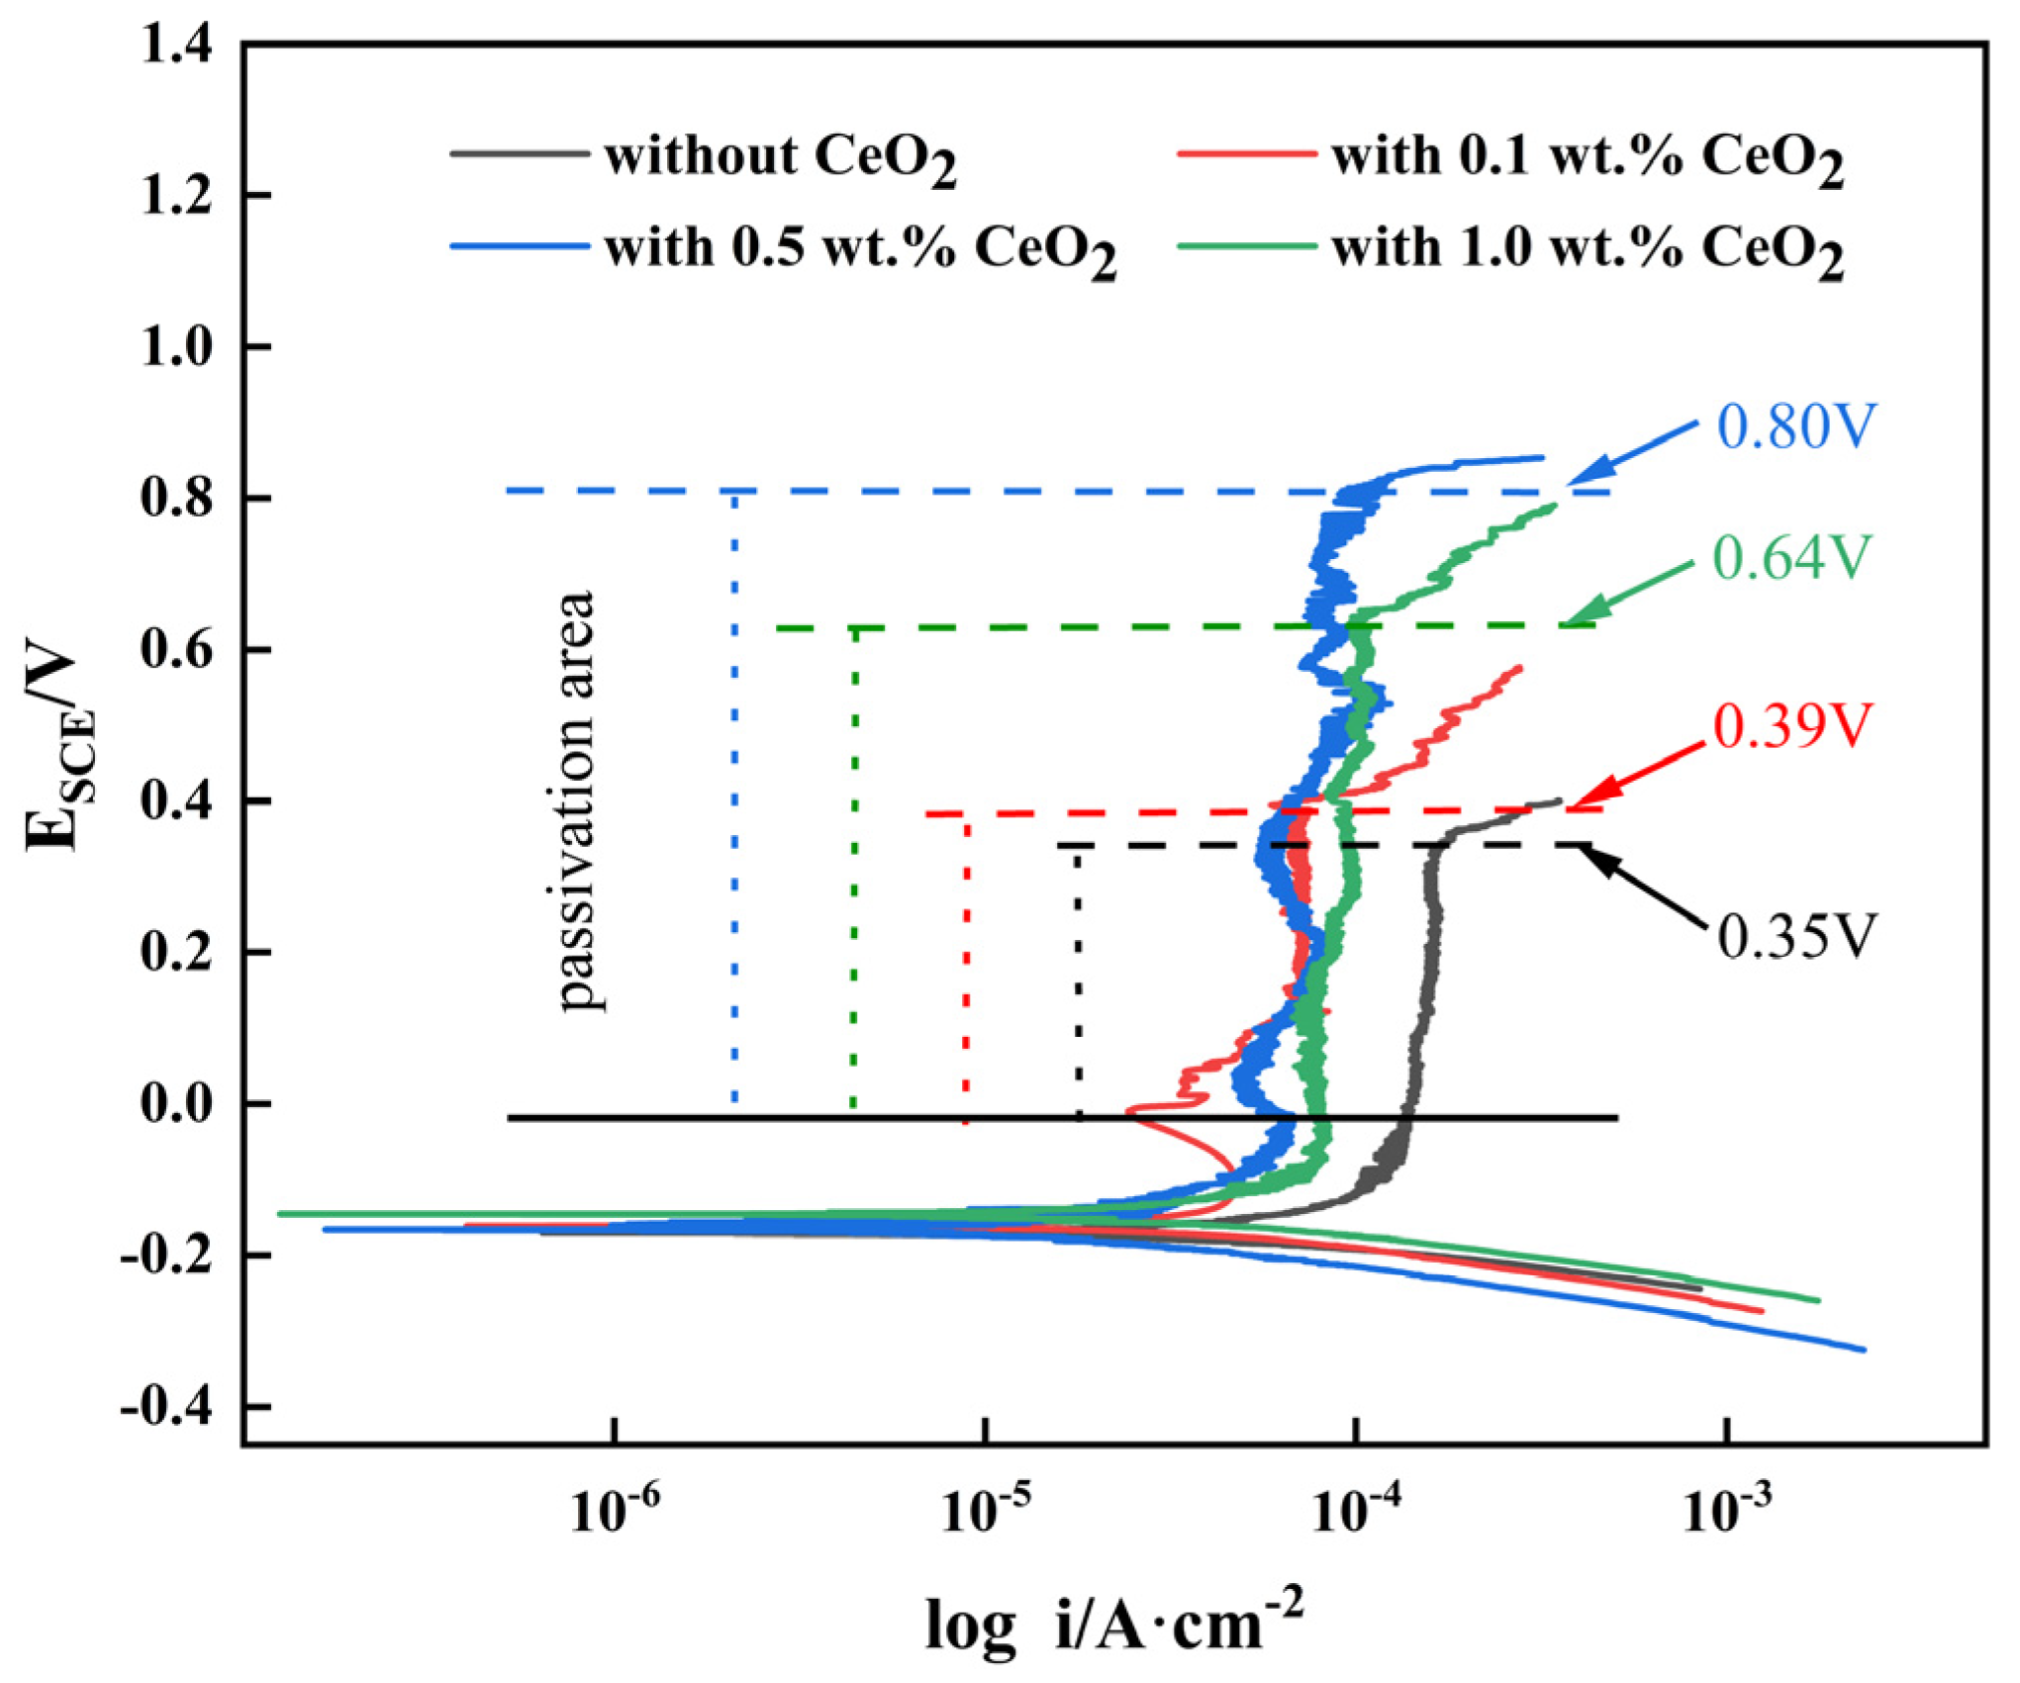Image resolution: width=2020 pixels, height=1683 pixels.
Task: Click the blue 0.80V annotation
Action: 1795,427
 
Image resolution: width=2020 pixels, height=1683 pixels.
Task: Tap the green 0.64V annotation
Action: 1791,558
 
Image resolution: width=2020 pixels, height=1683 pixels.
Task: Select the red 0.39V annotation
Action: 1793,726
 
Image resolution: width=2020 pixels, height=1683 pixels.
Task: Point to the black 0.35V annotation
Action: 1796,936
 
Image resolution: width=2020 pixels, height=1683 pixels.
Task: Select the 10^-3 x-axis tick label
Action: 1728,1511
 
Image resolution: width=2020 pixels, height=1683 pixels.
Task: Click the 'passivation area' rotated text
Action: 576,801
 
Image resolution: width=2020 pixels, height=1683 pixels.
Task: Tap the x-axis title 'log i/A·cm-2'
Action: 1113,1624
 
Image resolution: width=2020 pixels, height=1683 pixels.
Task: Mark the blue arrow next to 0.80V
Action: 1633,454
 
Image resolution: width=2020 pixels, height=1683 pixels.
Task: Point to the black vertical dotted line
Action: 1079,980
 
